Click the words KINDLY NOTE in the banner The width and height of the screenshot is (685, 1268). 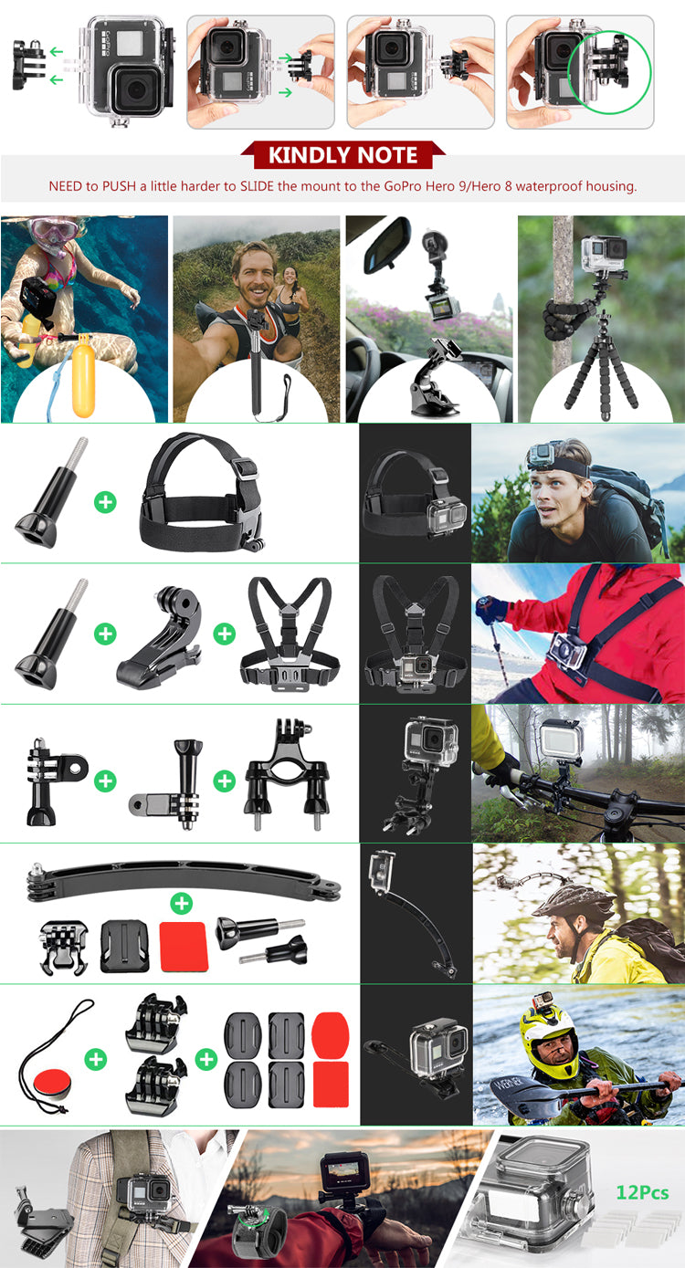click(342, 155)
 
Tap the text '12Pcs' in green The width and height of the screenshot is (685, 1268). click(642, 1193)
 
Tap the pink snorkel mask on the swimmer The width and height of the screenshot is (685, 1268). click(51, 231)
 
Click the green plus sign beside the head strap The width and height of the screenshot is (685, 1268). click(105, 501)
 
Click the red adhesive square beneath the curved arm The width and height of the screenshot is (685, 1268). click(184, 947)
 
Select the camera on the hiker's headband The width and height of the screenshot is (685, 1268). click(549, 456)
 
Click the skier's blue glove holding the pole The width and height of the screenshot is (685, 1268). click(490, 609)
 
